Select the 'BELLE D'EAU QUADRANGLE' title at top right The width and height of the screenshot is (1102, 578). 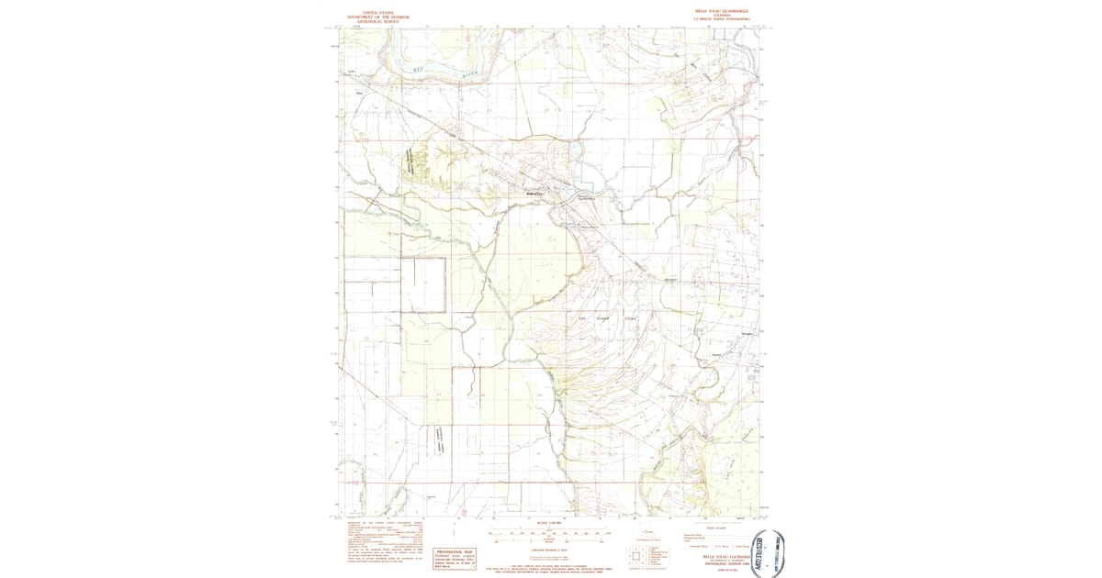coord(723,11)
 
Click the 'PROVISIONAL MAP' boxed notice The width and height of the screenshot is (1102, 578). coord(454,557)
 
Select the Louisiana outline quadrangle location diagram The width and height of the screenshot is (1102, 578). coord(650,533)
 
